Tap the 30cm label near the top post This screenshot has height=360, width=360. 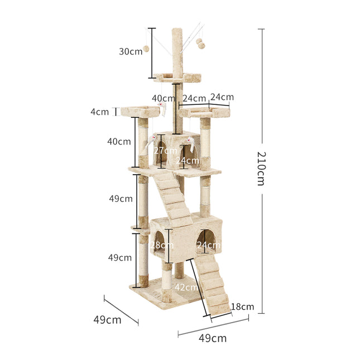click(x=131, y=51)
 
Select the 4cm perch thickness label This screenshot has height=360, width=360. click(x=100, y=112)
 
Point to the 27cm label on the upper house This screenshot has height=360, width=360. click(x=165, y=151)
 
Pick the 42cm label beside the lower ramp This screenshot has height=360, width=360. click(x=186, y=287)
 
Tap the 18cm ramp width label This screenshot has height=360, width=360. click(x=243, y=306)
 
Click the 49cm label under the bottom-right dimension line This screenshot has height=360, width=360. click(x=213, y=338)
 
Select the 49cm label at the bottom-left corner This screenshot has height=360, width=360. click(x=107, y=320)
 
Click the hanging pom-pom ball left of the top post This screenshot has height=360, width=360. click(x=147, y=49)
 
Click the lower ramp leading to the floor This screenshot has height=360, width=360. click(x=211, y=285)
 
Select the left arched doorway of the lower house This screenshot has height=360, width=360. click(x=159, y=243)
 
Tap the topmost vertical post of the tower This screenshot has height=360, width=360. click(x=178, y=50)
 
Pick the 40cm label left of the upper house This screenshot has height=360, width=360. click(x=119, y=142)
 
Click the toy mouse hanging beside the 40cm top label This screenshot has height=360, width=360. click(x=164, y=107)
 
